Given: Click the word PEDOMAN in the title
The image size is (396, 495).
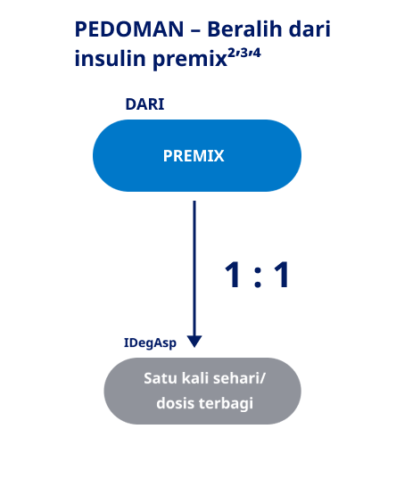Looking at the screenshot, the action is click(129, 29).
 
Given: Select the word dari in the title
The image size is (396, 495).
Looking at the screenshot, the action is click(309, 29).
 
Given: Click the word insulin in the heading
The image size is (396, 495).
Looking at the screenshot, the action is click(110, 58).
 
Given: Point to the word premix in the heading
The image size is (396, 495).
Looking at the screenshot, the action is click(190, 60).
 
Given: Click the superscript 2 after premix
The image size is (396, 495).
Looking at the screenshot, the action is click(233, 53).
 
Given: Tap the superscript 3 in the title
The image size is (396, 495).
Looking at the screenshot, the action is click(243, 53).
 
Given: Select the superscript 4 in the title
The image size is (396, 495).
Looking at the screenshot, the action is click(256, 53).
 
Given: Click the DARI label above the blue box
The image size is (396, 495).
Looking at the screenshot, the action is click(145, 104).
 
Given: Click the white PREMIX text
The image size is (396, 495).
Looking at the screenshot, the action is click(194, 155).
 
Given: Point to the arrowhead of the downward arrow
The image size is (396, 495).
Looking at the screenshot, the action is click(194, 342).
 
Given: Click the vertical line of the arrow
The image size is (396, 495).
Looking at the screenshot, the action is click(194, 268).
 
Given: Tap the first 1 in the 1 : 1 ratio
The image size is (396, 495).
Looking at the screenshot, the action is click(234, 275).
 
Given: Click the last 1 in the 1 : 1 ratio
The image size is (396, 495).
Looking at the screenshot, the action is click(282, 275).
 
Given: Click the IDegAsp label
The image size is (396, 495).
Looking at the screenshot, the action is click(150, 343).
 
